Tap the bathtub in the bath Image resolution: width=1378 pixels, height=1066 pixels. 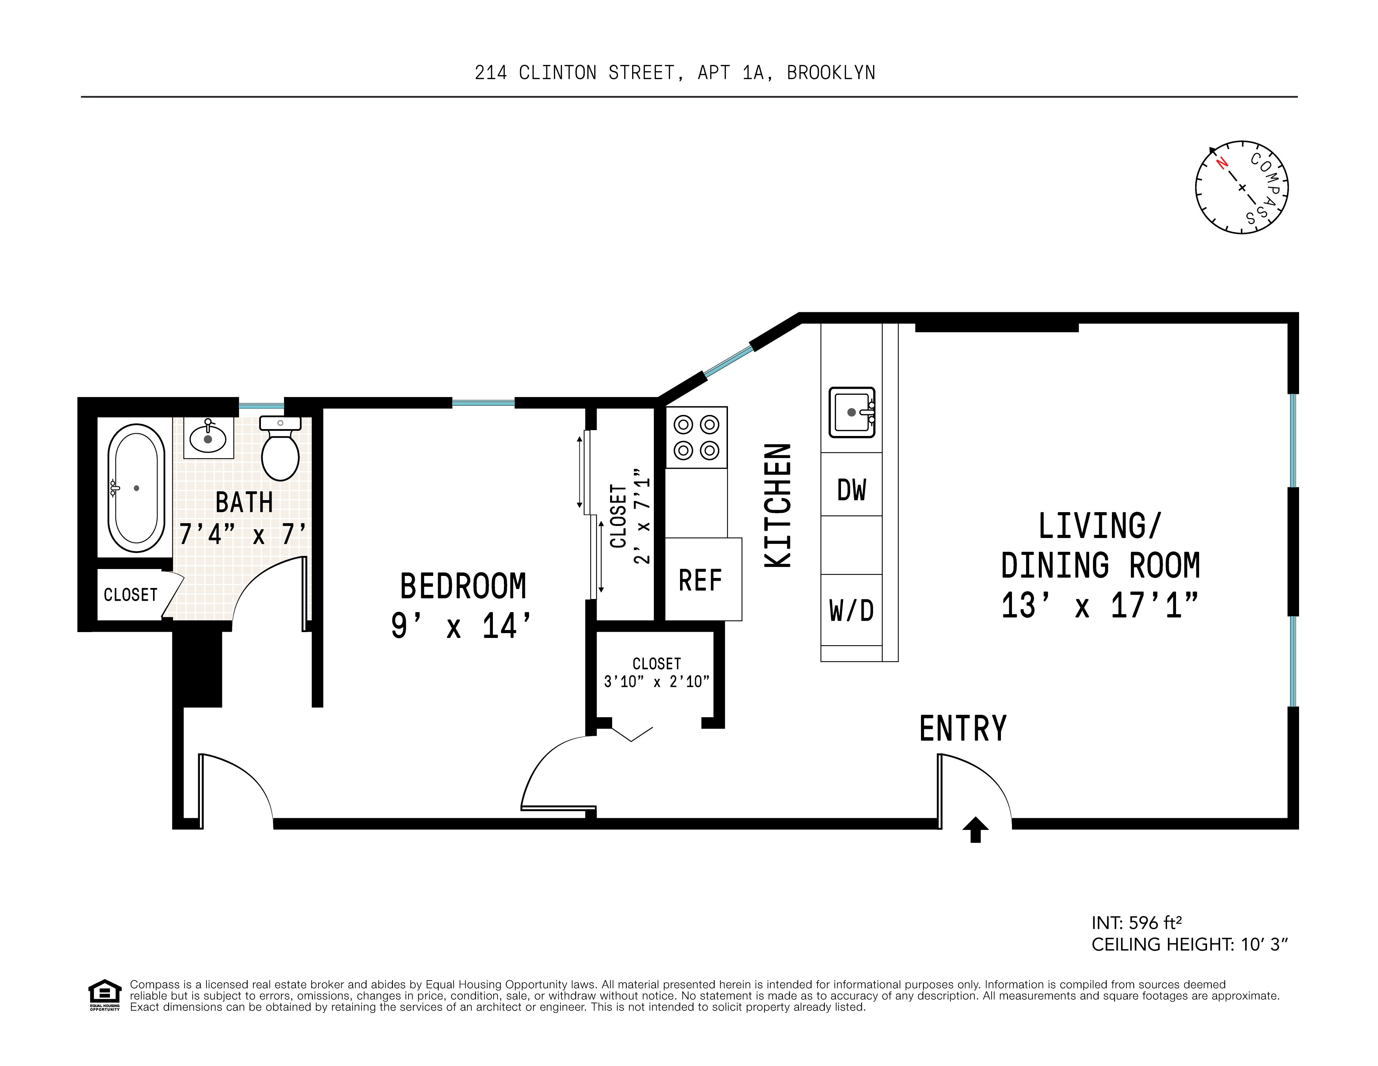(x=136, y=488)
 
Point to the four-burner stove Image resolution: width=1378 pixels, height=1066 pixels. (x=697, y=437)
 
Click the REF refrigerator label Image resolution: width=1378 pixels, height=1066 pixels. (x=700, y=580)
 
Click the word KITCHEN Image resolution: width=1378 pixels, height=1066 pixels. (x=778, y=505)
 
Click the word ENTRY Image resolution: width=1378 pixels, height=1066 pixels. (x=963, y=729)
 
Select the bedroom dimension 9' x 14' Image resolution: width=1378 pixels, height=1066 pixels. (x=461, y=626)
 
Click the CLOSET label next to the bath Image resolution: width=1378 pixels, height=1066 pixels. (x=131, y=595)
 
